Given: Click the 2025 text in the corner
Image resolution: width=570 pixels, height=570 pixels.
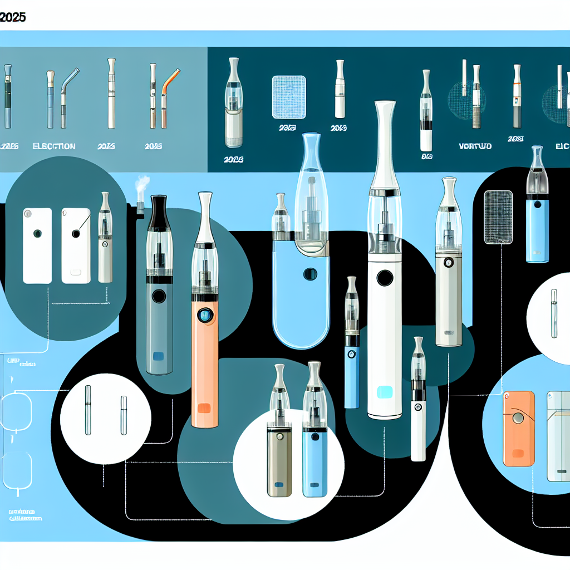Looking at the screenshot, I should (x=12, y=17).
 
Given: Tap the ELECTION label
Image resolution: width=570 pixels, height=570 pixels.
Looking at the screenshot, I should (x=54, y=146).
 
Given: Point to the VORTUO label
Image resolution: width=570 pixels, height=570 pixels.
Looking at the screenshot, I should (x=474, y=146).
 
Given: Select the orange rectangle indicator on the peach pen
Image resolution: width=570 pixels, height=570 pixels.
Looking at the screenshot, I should (x=204, y=408).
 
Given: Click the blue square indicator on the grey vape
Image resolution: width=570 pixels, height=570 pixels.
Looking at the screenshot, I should (x=158, y=357).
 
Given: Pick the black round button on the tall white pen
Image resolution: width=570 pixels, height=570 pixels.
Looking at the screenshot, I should (x=384, y=277).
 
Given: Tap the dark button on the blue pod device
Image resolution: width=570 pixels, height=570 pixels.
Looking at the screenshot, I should (x=310, y=274).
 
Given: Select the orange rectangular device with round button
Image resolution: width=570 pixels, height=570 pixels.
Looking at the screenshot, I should (x=519, y=429).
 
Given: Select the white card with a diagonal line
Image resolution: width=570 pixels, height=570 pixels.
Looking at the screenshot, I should (x=76, y=245).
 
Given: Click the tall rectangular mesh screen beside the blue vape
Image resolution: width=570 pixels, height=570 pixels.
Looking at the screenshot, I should (x=498, y=217).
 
